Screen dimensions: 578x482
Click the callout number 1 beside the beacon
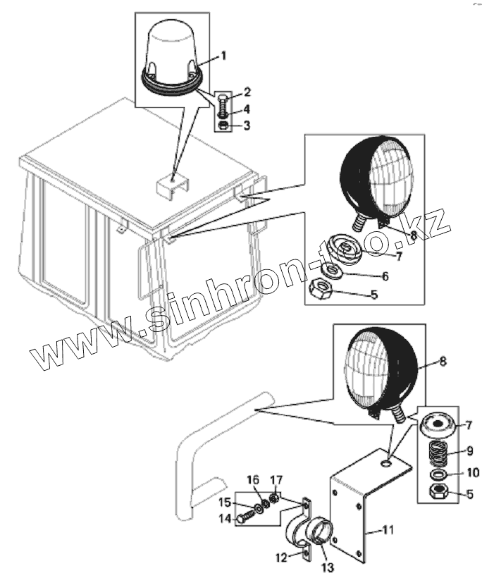tap(224, 55)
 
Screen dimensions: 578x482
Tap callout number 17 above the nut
tap(277, 480)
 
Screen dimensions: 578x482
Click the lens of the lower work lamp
tap(366, 372)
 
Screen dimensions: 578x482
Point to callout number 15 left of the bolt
tap(225, 502)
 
